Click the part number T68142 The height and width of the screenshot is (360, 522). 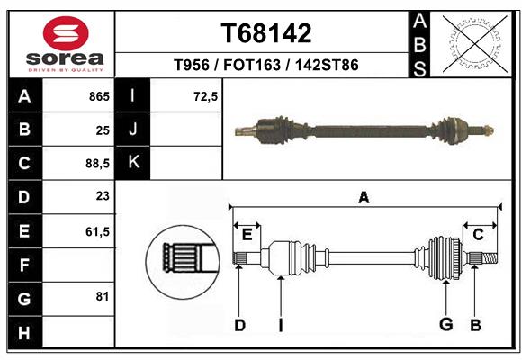click(x=266, y=33)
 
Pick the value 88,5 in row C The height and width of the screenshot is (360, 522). click(x=96, y=164)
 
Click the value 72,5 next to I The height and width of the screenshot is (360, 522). click(x=206, y=96)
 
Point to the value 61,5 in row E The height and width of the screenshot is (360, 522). click(x=96, y=231)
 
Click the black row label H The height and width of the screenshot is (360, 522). click(x=24, y=333)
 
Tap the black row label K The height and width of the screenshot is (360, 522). click(x=133, y=163)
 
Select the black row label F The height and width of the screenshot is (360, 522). click(x=24, y=265)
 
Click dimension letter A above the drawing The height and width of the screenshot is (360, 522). click(x=364, y=198)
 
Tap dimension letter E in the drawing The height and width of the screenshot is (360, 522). click(x=247, y=235)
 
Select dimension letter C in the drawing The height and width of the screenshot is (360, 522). click(x=478, y=235)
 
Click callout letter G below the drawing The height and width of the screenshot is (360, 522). click(x=445, y=324)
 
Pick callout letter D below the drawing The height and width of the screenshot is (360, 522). click(x=239, y=325)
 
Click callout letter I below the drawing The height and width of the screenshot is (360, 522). click(x=281, y=325)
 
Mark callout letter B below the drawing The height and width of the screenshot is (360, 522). click(x=475, y=325)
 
